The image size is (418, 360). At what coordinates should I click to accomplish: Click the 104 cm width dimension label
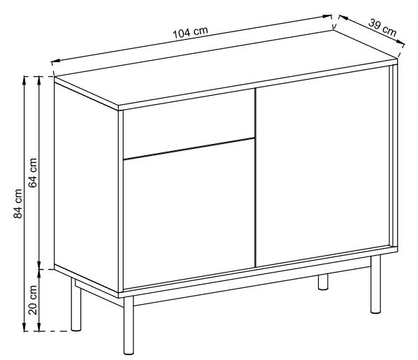[x=190, y=33]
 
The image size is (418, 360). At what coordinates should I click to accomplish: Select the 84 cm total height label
[x=20, y=203]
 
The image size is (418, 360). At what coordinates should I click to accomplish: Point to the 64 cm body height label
[x=33, y=172]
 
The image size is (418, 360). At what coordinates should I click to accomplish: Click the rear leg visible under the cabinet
[x=323, y=282]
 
